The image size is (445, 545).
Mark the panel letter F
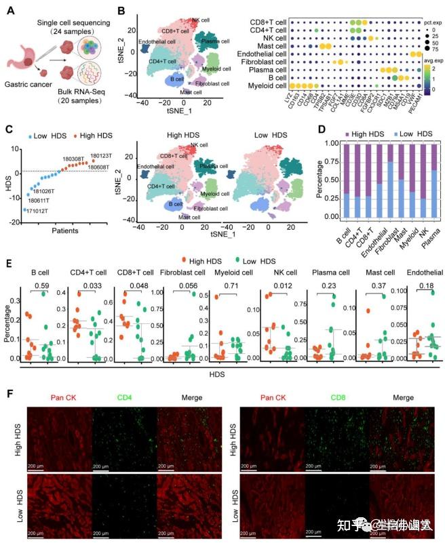click(8, 393)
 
